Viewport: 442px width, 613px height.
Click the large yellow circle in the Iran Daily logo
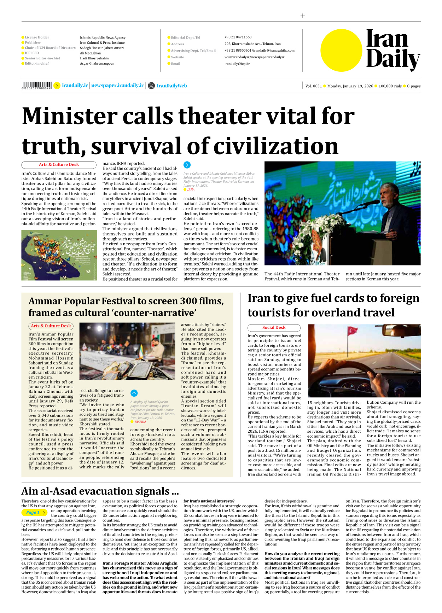(x=341, y=51)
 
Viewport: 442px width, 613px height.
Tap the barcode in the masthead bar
(x=37, y=85)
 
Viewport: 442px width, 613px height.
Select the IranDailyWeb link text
(x=171, y=86)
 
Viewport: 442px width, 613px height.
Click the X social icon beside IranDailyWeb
(x=151, y=86)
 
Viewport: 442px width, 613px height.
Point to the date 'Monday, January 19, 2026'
(x=350, y=86)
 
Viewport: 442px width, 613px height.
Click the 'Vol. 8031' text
(x=313, y=86)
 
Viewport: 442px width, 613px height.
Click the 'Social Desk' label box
(x=274, y=328)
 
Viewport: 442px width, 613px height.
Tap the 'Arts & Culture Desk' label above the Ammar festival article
(x=51, y=326)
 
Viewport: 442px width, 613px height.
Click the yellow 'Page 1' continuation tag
(x=34, y=512)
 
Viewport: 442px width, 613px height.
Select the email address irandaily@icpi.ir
(x=237, y=64)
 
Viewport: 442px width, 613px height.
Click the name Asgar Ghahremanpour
(x=97, y=64)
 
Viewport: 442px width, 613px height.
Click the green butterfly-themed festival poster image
(x=59, y=255)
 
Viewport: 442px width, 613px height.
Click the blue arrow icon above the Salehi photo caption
(x=187, y=165)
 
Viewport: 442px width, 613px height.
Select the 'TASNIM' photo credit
(x=140, y=422)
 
